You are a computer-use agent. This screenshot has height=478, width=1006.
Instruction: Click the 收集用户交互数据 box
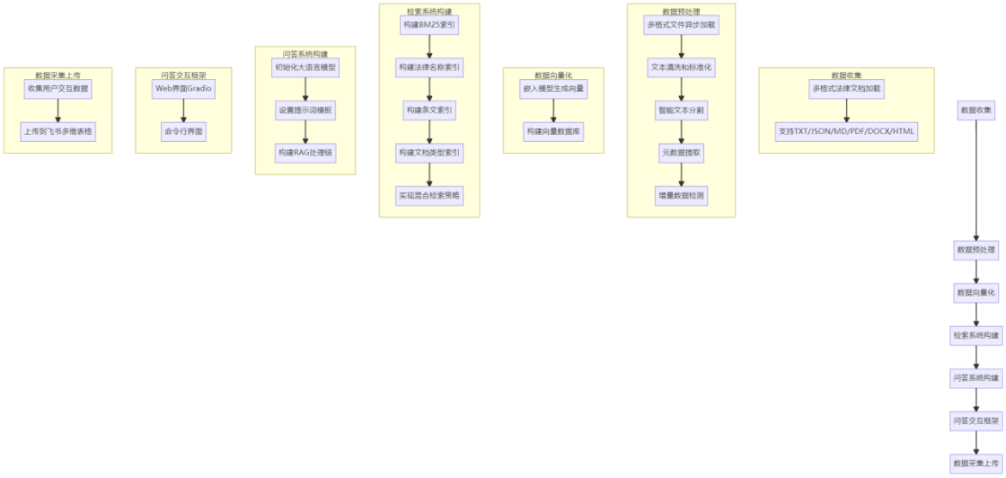(x=57, y=88)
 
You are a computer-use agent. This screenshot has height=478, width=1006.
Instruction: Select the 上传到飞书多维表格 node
(x=57, y=131)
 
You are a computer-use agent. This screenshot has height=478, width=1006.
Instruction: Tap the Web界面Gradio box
(x=183, y=88)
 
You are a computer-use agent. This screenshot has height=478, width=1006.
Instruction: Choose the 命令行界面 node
(x=183, y=131)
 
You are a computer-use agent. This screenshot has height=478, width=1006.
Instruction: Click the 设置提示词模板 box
(x=305, y=110)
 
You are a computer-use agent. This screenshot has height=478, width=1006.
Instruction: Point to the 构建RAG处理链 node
(x=305, y=153)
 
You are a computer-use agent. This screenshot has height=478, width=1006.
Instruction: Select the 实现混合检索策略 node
(x=429, y=195)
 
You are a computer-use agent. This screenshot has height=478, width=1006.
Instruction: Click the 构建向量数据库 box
(x=553, y=131)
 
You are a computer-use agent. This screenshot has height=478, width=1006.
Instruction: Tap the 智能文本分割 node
(x=681, y=110)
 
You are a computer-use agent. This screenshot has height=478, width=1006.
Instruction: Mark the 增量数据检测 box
(x=681, y=195)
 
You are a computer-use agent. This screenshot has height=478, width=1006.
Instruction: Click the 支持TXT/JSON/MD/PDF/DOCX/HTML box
(x=846, y=131)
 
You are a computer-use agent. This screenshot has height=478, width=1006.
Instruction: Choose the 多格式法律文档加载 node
(x=846, y=88)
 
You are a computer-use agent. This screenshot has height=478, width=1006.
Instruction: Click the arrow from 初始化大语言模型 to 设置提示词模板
(x=305, y=88)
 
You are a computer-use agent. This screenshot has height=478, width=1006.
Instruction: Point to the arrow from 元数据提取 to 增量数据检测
(x=681, y=174)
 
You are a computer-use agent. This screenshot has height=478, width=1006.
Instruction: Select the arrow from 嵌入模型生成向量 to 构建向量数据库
(x=553, y=110)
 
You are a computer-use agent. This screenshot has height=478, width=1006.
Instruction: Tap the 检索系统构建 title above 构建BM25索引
(x=429, y=10)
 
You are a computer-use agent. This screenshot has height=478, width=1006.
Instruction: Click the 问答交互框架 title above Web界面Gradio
(x=183, y=75)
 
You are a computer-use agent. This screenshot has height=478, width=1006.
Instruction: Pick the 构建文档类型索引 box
(x=429, y=153)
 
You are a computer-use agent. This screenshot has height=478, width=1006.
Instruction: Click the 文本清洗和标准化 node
(x=681, y=67)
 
